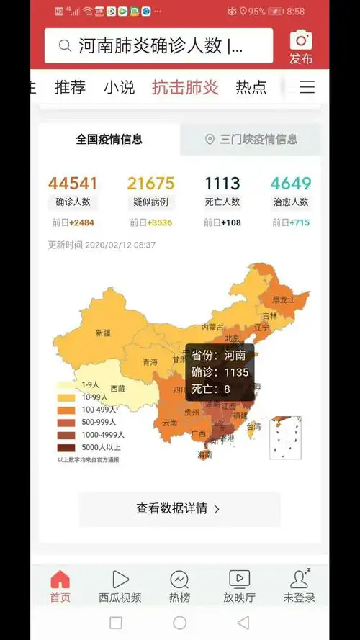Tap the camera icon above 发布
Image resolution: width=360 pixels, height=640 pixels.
click(x=301, y=40)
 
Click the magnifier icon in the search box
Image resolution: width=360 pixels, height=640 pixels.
click(x=65, y=47)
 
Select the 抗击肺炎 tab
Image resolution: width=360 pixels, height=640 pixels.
click(x=185, y=88)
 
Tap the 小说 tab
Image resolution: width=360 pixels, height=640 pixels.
click(x=119, y=88)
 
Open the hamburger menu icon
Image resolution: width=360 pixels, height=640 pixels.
click(x=307, y=88)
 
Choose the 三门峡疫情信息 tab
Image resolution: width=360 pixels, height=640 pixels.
click(x=251, y=139)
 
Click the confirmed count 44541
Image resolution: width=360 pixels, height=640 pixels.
click(x=73, y=184)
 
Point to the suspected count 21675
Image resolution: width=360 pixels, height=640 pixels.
click(x=150, y=184)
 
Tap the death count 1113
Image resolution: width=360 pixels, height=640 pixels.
click(x=222, y=184)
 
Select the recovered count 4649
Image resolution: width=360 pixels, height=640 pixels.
click(x=291, y=184)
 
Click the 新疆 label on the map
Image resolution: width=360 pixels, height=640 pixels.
click(x=103, y=333)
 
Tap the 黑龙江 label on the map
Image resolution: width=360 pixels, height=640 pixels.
click(x=284, y=299)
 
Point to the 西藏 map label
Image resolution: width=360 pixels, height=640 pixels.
click(x=117, y=388)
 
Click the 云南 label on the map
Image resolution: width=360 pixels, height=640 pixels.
click(x=170, y=423)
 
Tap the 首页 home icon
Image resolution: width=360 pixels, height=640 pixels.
click(x=60, y=579)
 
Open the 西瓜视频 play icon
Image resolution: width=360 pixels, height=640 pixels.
click(x=120, y=579)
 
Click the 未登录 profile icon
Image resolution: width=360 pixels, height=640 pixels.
click(x=299, y=579)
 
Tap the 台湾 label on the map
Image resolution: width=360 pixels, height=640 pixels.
click(x=253, y=426)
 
